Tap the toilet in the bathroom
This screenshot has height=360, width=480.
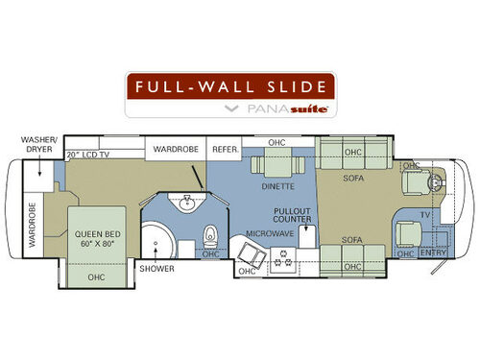point(210,232)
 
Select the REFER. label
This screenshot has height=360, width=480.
point(225,149)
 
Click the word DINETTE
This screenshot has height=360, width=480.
point(277,187)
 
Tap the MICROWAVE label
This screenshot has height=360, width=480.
point(262,232)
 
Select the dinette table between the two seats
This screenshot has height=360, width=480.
point(272,164)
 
